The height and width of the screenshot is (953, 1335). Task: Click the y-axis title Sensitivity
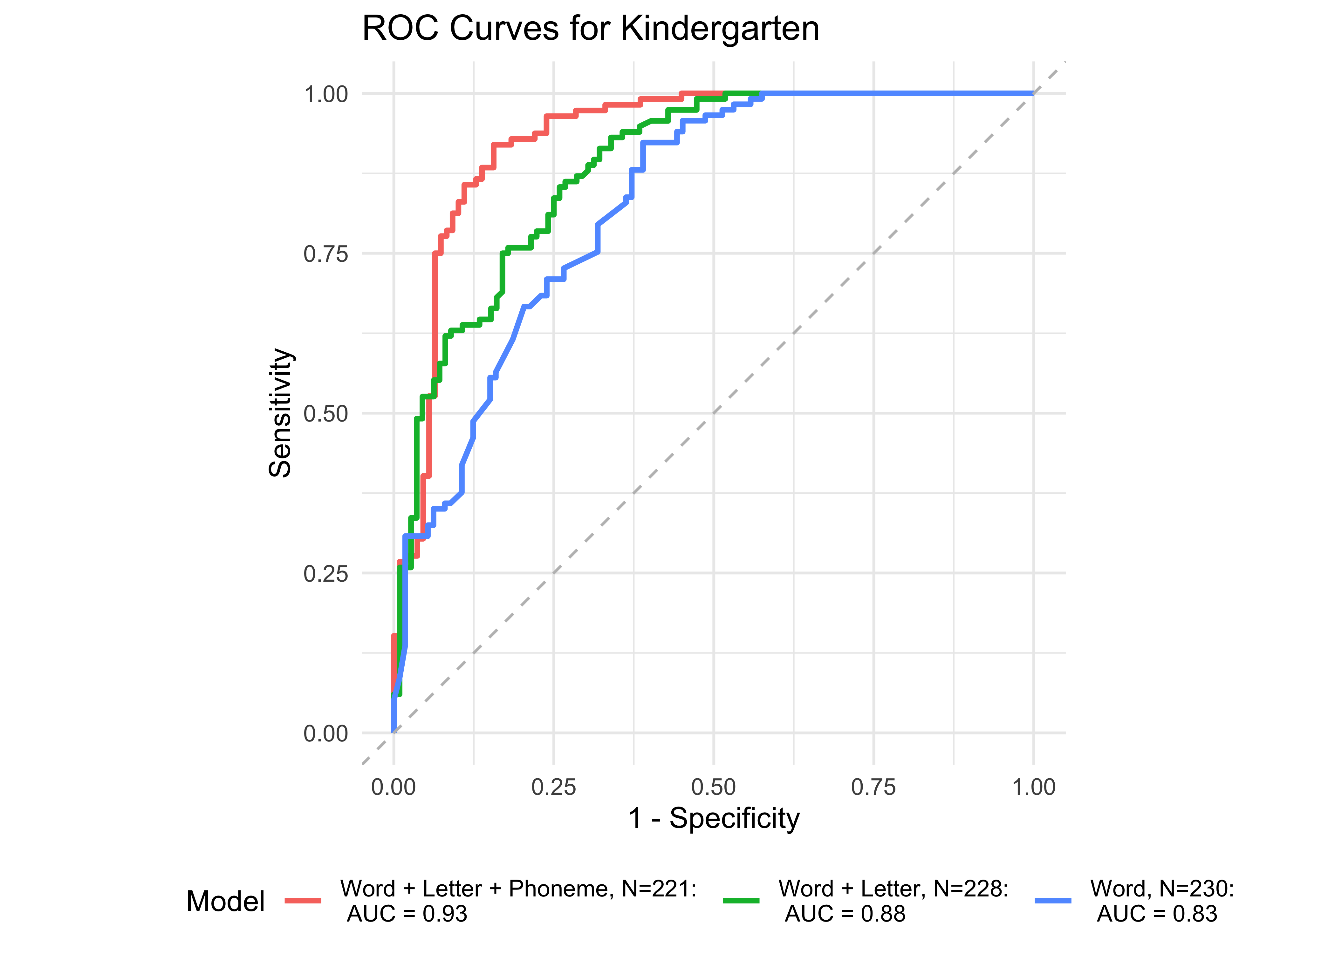pos(280,413)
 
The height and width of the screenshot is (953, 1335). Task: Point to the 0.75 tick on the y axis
pos(326,254)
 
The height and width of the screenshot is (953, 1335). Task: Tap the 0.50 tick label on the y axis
pos(326,414)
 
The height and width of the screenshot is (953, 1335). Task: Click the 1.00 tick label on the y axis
pos(326,94)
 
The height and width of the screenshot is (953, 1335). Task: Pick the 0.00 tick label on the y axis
pos(326,733)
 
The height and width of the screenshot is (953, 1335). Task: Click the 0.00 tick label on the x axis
pos(393,787)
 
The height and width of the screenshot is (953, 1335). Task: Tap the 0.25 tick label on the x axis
pos(554,787)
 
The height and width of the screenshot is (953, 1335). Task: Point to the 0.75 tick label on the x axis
pos(873,787)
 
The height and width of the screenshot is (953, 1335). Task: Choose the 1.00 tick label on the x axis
pos(1034,787)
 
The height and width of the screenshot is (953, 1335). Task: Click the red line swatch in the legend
pos(303,901)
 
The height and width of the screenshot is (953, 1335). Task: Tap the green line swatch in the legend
pos(741,901)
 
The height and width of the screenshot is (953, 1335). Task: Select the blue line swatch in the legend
pos(1053,901)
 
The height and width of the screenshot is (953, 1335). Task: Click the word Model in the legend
pos(225,901)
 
